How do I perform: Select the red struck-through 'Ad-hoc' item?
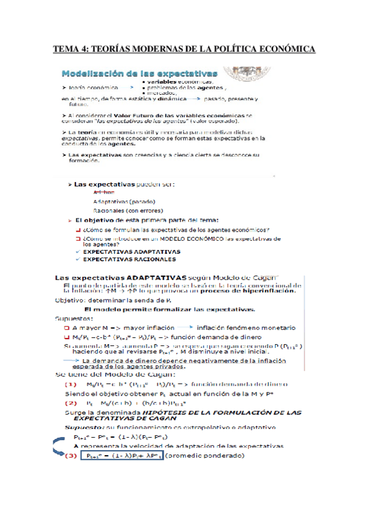coord(104,193)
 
